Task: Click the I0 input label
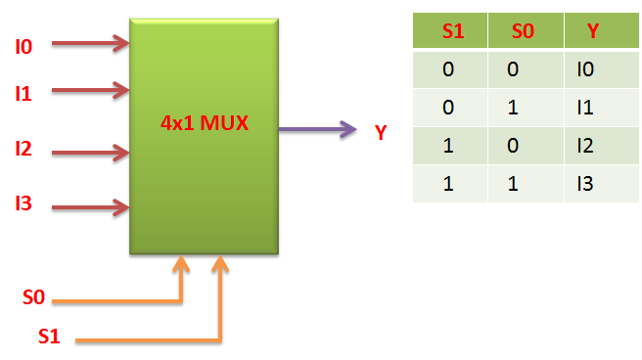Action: pos(23,45)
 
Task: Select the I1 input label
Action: pos(23,94)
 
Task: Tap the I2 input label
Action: pos(23,150)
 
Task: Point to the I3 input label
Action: pos(23,204)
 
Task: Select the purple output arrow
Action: pos(318,128)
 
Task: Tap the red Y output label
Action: pos(381,131)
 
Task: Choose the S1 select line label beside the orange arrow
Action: pos(50,337)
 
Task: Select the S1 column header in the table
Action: pos(452,30)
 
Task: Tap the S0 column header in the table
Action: pos(525,30)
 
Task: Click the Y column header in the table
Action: pos(593,30)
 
